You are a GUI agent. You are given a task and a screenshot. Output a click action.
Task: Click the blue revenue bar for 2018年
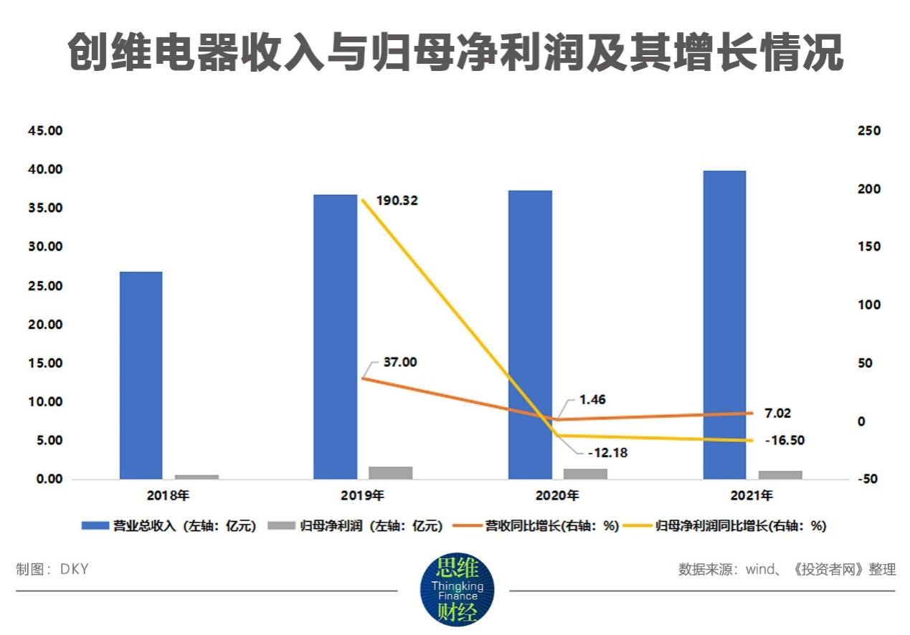[x=141, y=375]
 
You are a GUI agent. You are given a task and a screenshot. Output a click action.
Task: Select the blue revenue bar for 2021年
[x=724, y=324]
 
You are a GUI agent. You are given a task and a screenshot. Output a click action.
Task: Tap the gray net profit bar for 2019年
[x=391, y=472]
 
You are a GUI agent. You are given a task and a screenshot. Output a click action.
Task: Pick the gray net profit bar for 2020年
[x=585, y=473]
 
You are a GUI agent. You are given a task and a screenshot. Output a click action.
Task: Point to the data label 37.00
[x=399, y=362]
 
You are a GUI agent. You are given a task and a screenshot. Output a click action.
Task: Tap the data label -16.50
[x=784, y=440]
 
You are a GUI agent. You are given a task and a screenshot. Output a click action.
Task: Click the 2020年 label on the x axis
[x=557, y=495]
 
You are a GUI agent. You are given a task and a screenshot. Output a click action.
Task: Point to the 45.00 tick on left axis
[x=44, y=131]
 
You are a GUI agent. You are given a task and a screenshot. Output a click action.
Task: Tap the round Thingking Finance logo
[x=456, y=590]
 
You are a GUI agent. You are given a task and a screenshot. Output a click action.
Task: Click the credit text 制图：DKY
[x=52, y=569]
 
